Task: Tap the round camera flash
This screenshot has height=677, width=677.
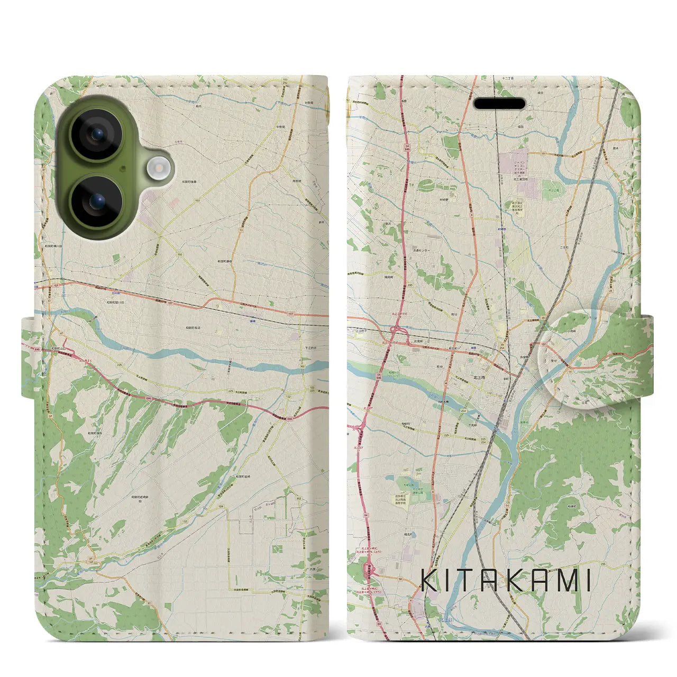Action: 157,169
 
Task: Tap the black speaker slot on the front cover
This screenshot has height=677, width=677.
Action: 499,104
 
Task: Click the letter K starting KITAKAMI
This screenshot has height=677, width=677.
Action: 430,581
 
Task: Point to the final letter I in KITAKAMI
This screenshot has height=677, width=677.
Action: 587,581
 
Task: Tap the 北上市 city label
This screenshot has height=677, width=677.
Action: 479,376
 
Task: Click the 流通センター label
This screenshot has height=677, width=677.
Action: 422,250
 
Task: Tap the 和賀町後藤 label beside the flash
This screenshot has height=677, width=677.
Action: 188,181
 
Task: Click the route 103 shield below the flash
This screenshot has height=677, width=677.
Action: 197,201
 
